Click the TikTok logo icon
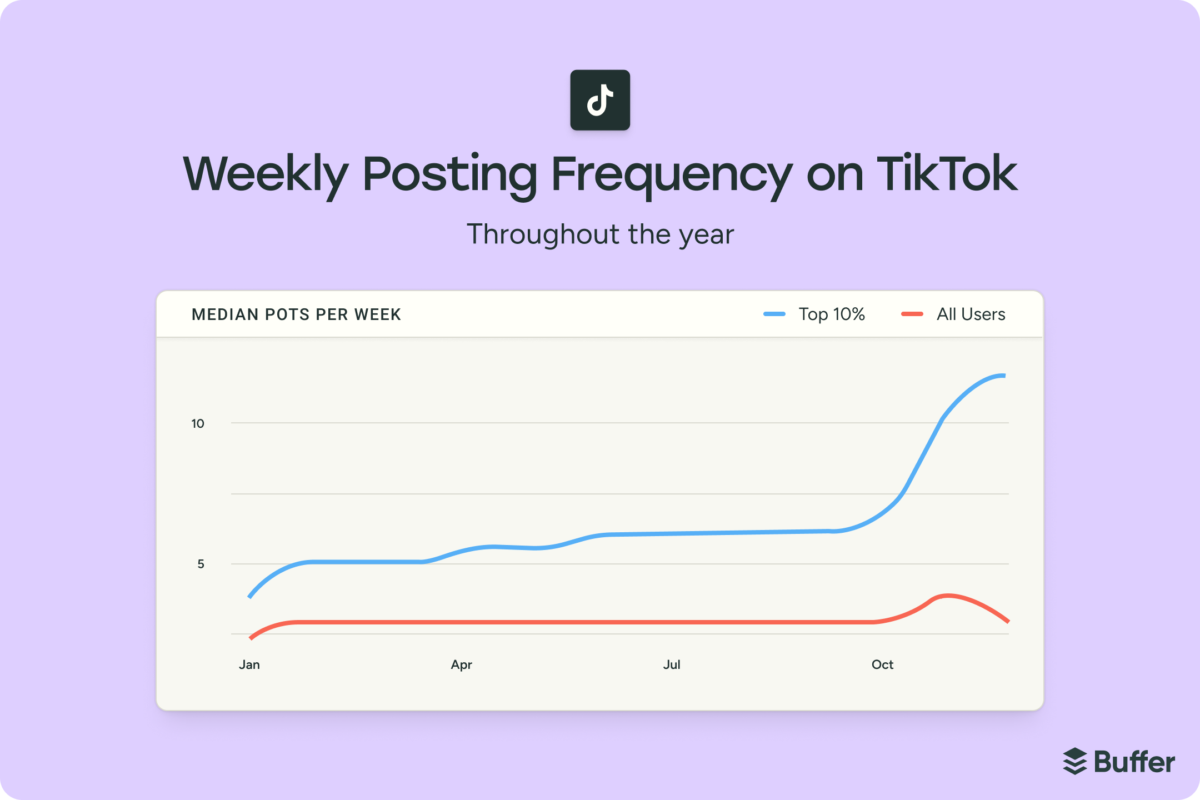[x=600, y=100]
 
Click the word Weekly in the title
[x=266, y=174]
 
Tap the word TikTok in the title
[x=946, y=174]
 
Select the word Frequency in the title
[x=671, y=174]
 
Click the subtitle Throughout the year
[x=600, y=234]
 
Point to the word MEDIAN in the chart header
[x=225, y=314]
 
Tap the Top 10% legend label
[x=832, y=314]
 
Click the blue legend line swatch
[x=774, y=314]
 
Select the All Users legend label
[x=971, y=314]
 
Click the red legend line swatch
[x=912, y=314]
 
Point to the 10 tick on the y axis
[x=198, y=424]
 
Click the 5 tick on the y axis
[x=201, y=564]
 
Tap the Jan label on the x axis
[x=249, y=665]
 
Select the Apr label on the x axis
[x=461, y=665]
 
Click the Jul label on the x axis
[x=672, y=665]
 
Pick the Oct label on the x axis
[x=882, y=665]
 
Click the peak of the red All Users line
[x=948, y=596]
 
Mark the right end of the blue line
[x=1003, y=376]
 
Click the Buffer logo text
[x=1134, y=762]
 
